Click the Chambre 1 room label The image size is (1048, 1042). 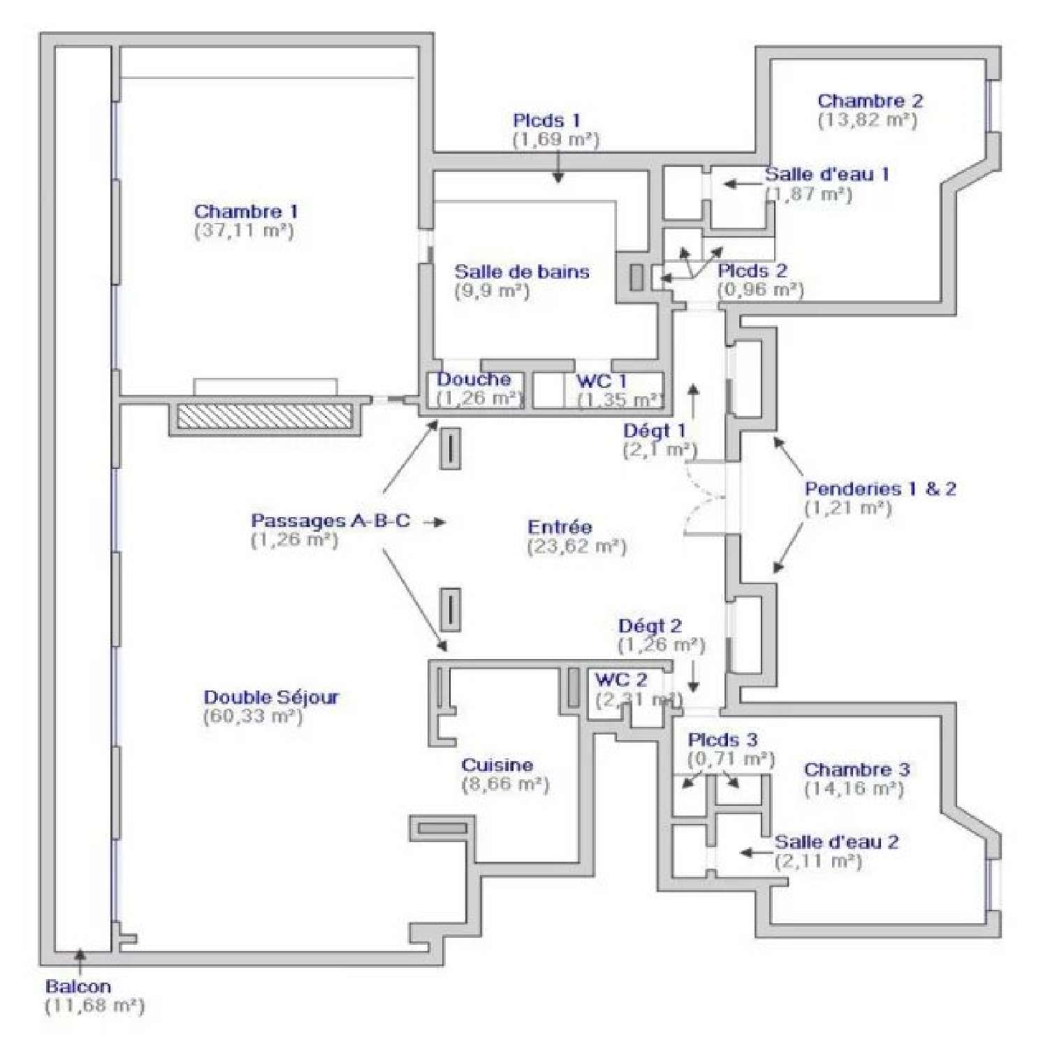(246, 211)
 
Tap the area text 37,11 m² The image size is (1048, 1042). (244, 231)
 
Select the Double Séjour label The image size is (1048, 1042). (271, 697)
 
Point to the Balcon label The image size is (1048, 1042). (78, 987)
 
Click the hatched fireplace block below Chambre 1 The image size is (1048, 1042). (264, 417)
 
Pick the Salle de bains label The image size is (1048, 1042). (522, 271)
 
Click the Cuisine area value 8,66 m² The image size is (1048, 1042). (505, 784)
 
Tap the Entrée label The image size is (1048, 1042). (560, 527)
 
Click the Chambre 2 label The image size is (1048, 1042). (870, 101)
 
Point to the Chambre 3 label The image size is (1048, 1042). (857, 769)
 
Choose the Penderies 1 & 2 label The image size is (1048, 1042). (880, 489)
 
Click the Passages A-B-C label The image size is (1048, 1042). (330, 521)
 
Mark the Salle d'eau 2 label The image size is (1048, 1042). (836, 841)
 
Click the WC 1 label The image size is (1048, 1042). (601, 381)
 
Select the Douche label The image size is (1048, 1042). (474, 379)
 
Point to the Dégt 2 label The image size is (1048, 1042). (650, 625)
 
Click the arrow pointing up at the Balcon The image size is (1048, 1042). (80, 960)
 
